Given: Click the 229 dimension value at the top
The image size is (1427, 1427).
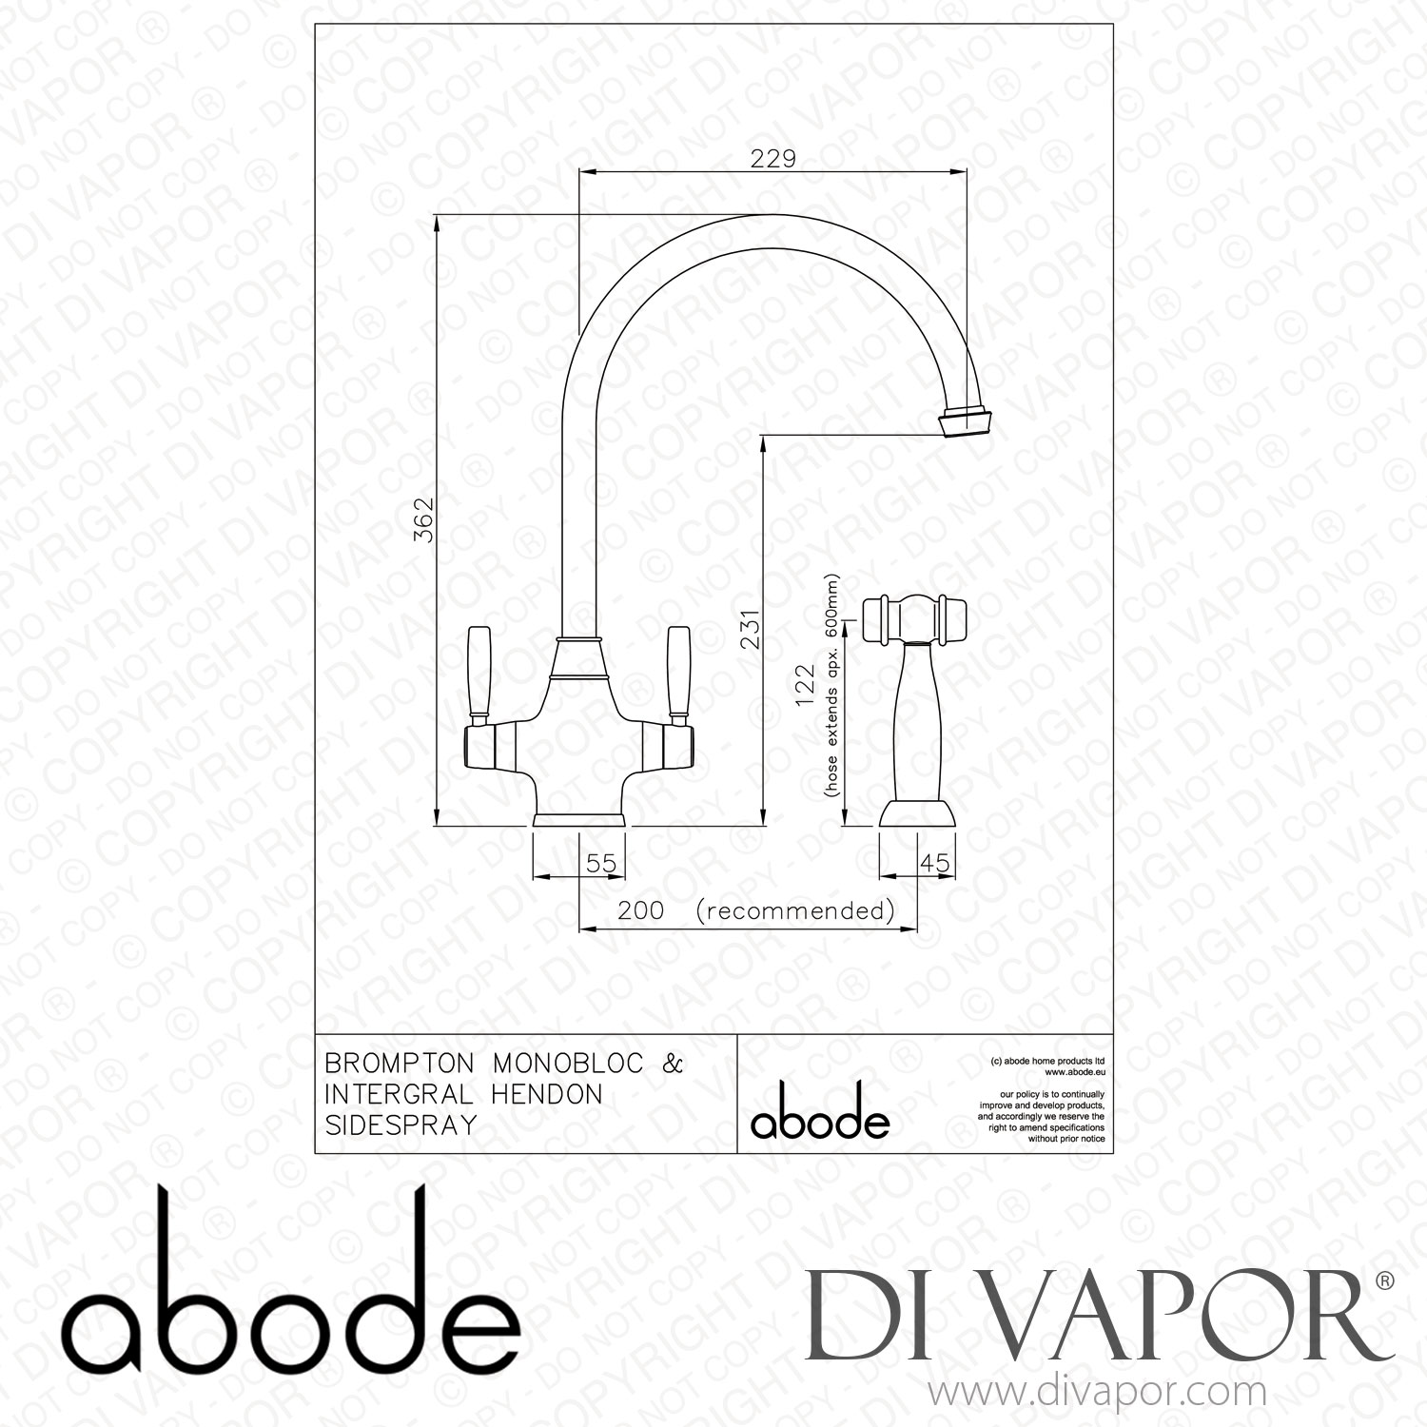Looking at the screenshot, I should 772,159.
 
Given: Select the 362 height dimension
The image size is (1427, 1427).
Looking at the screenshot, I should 424,519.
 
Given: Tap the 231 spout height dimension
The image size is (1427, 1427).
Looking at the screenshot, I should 752,628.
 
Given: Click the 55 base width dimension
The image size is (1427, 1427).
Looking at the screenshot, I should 601,863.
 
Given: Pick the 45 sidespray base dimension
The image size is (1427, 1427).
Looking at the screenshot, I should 935,863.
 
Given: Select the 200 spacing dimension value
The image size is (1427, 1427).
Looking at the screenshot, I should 640,910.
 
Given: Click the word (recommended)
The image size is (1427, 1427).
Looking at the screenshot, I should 795,910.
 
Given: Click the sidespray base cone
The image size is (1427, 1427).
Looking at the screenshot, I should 916,814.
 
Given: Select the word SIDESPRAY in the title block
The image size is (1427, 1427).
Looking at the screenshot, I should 401,1124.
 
